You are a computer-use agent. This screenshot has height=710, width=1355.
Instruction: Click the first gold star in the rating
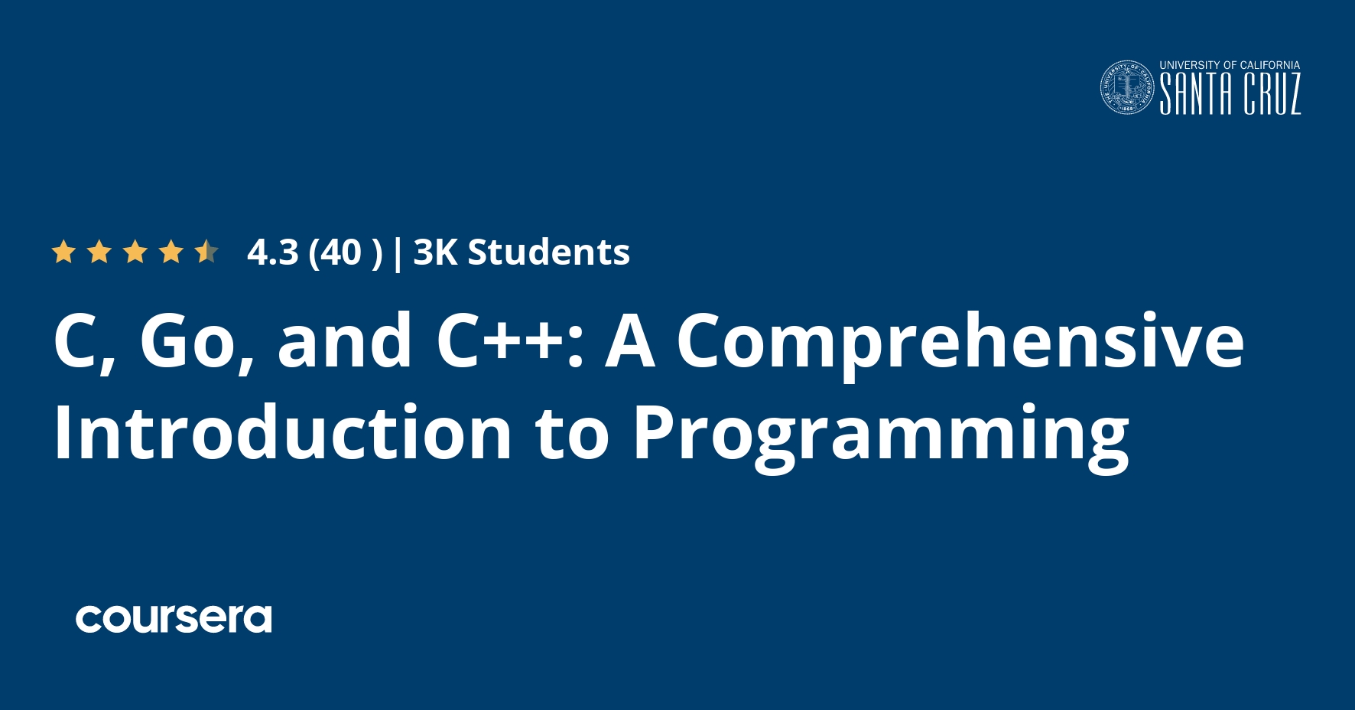click(63, 252)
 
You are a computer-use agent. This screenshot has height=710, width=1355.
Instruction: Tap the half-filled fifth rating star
click(206, 252)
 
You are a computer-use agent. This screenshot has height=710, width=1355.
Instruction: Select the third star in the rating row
click(135, 252)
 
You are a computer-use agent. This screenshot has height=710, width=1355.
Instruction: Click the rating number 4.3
click(272, 252)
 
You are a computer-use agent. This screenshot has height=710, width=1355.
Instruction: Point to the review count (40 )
click(345, 252)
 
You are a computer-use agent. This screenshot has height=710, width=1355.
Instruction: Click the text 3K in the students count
click(435, 252)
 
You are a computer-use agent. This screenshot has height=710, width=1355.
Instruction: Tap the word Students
click(548, 252)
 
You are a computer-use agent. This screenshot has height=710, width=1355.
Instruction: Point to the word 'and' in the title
click(346, 341)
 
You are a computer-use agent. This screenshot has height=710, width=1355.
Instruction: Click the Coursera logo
click(174, 619)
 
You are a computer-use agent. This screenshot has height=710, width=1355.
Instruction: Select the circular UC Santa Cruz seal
click(1127, 88)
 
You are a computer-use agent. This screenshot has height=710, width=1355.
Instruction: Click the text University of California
click(1230, 66)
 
